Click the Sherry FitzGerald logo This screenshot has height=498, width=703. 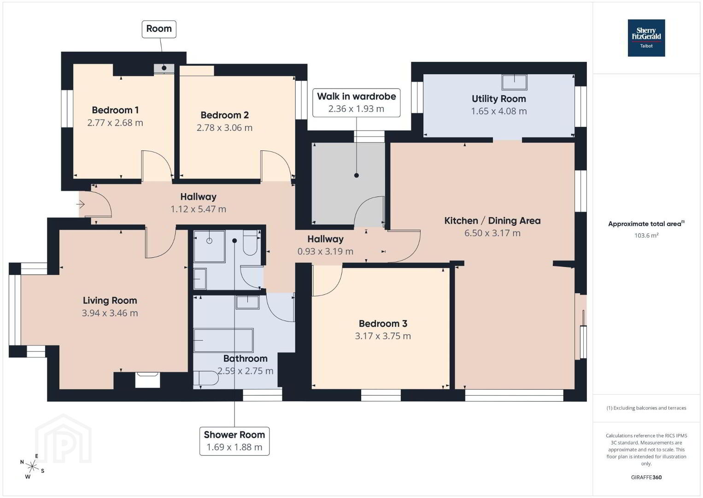(x=646, y=38)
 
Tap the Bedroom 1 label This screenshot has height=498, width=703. (x=115, y=110)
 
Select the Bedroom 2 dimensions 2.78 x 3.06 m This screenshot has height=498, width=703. (x=225, y=128)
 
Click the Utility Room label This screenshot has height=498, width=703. (x=499, y=99)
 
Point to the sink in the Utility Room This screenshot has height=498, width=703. (x=515, y=83)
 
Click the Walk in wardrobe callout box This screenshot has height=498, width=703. (x=356, y=103)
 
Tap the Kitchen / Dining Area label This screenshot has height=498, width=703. (x=492, y=221)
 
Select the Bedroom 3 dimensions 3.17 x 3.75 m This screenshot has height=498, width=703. (x=383, y=336)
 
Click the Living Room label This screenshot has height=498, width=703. (x=110, y=301)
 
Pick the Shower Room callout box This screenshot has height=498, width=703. (x=234, y=441)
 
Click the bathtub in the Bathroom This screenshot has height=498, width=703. (x=223, y=340)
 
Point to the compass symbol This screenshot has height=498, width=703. (x=32, y=466)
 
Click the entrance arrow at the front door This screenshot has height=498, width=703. (x=81, y=205)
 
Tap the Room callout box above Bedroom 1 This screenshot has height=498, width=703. (x=159, y=29)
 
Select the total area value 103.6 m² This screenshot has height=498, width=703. (x=646, y=235)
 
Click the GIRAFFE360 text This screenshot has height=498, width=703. (x=646, y=477)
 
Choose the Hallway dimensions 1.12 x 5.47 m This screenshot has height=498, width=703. (x=199, y=209)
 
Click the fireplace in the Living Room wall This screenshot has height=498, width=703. (x=147, y=380)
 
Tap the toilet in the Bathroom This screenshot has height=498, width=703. (x=205, y=378)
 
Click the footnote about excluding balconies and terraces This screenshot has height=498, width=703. (x=646, y=408)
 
